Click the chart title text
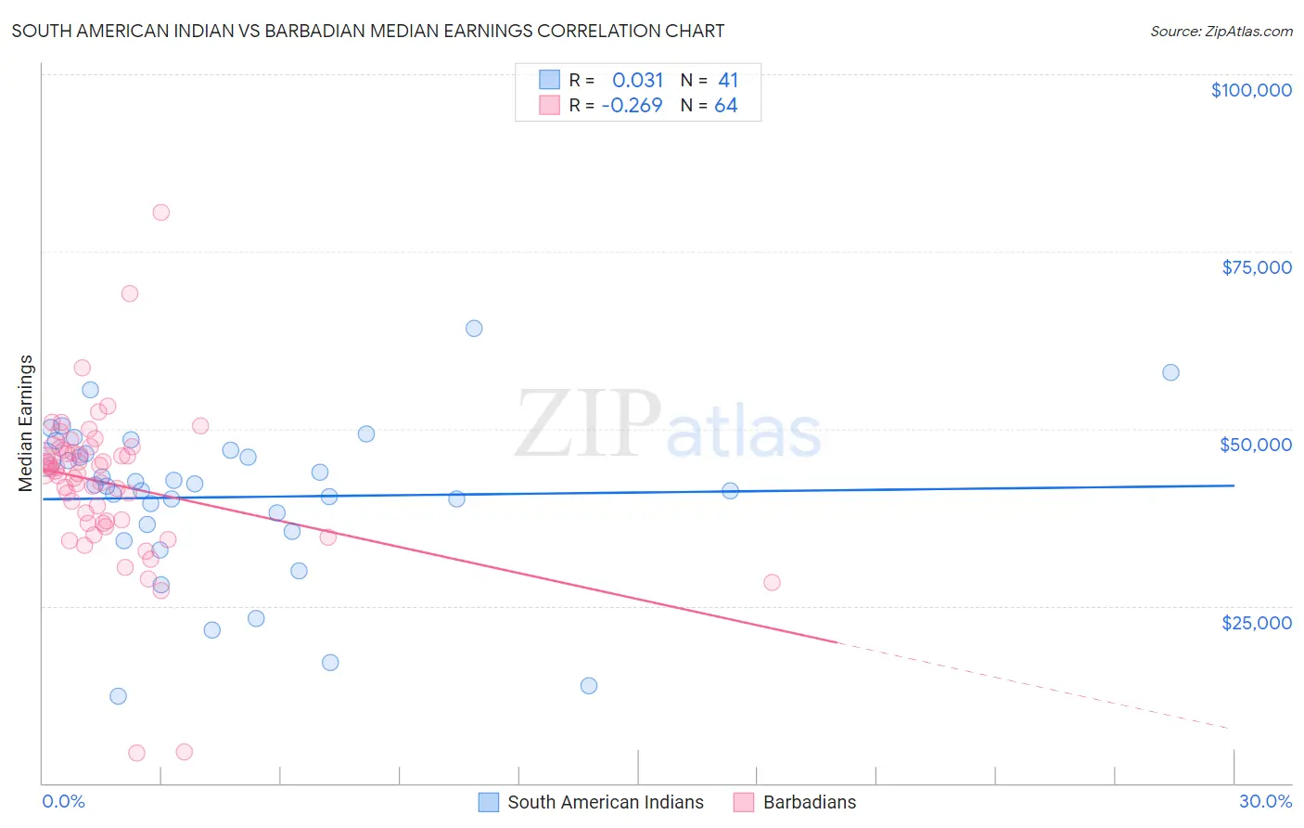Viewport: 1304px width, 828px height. (368, 31)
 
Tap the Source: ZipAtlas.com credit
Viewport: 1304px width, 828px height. (1221, 31)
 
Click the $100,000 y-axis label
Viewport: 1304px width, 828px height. (1250, 90)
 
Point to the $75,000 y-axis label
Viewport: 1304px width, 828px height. (1256, 267)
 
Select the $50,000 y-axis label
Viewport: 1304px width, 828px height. (1255, 445)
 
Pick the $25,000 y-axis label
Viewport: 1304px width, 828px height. (1256, 622)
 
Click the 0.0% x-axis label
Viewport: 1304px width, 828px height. (63, 801)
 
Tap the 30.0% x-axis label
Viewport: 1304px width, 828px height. (1265, 801)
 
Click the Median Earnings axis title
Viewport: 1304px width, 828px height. (26, 422)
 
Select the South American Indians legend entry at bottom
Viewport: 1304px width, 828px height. (605, 802)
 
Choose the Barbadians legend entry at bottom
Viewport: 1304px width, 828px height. (809, 802)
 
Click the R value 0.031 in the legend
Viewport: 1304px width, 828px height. (637, 80)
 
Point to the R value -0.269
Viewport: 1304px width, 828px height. (632, 106)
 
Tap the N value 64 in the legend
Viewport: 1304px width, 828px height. (725, 106)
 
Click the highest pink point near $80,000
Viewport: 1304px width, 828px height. (160, 212)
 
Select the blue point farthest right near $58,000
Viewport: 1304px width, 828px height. (1170, 372)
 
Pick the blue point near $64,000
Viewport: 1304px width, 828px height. (474, 328)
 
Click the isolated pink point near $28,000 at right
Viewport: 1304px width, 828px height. (772, 582)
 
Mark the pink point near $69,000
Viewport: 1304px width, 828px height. (130, 293)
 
